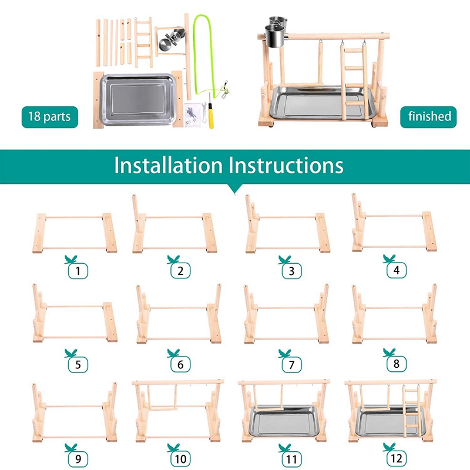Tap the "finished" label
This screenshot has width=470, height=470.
coord(429,116)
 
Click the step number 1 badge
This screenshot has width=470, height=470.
coord(76,271)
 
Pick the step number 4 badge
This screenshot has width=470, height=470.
coord(396,271)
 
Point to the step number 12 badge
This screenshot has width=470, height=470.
coord(396,457)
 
